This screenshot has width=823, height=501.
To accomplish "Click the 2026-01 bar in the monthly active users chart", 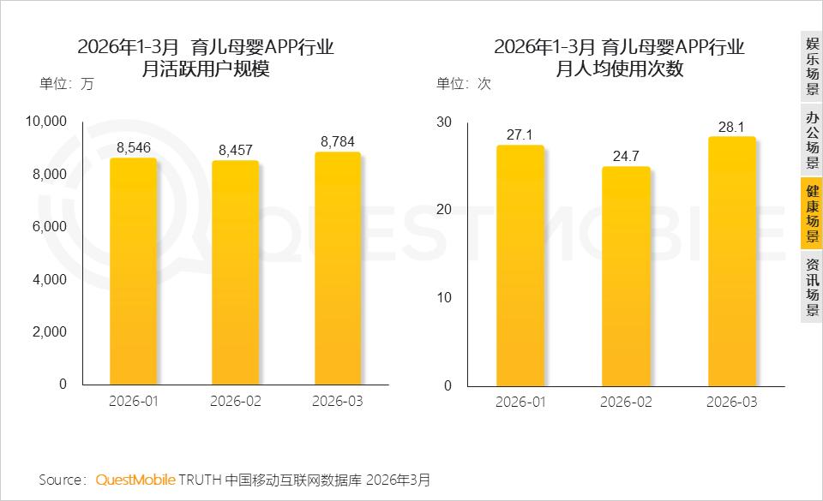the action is coord(134,271).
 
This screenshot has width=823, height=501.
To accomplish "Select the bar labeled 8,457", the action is coord(235,272).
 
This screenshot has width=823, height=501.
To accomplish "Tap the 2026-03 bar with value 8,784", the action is coord(338,268).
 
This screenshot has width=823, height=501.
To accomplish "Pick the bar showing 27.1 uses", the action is coord(520,265).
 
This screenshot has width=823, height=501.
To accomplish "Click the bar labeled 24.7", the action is coord(626,276).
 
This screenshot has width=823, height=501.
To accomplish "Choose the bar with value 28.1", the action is coord(731,261).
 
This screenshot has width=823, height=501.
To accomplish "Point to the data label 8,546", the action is coord(134,148).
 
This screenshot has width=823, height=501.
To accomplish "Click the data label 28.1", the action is coord(731,127).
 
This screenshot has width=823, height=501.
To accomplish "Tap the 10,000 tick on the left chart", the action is coord(46,121).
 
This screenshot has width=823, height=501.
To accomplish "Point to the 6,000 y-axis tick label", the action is coord(50,226).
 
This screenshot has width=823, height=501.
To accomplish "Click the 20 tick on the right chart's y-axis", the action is coord(444,210).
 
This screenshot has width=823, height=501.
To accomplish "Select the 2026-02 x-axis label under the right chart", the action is coord(626,402).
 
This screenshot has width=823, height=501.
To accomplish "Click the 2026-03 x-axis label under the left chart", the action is coord(338,401).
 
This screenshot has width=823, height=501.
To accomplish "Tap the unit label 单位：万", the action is coord(67,84).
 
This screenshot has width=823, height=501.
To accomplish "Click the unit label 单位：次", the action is coord(464,84).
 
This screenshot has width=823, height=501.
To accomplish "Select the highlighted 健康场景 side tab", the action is coord(812,213).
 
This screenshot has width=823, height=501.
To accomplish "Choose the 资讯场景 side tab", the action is coord(812,287).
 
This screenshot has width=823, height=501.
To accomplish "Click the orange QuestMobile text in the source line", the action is coord(135,480).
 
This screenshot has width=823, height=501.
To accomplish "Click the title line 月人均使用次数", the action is coord(619,69).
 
